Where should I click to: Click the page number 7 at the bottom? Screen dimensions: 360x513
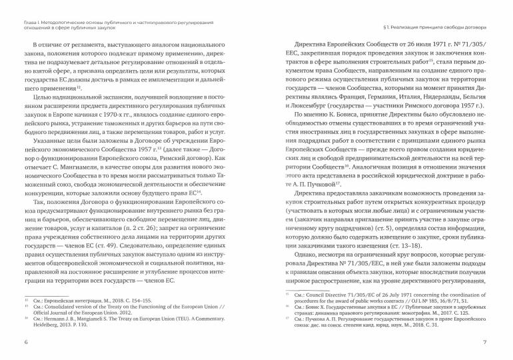[x=485, y=342]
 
